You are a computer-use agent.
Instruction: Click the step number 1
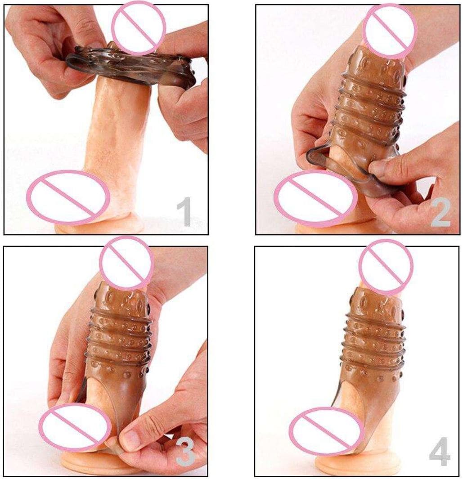click(184, 212)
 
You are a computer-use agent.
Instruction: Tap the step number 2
click(441, 212)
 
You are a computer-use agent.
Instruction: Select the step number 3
click(185, 452)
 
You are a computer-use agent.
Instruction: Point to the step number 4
click(440, 452)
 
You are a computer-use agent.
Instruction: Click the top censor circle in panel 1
click(139, 28)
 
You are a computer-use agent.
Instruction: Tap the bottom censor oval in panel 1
click(68, 197)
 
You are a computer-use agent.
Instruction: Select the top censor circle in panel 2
click(390, 31)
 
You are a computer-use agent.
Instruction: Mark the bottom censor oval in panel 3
click(75, 427)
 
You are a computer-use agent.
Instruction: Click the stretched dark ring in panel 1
click(131, 66)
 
